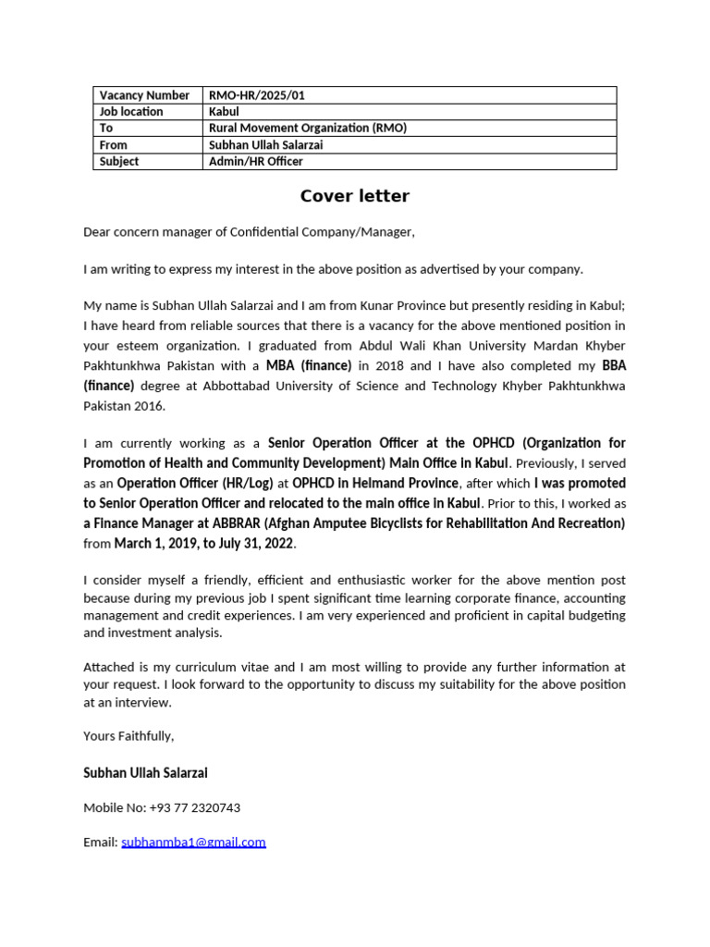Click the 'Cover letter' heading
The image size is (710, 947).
coord(354,196)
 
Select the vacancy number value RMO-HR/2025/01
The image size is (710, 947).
coord(256,95)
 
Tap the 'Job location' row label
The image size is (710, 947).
coord(131,112)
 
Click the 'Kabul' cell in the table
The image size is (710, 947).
coord(225,112)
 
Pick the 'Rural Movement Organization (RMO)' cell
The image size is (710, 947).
coord(308,129)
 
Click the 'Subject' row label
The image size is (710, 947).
coord(119,162)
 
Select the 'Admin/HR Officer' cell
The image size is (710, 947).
coord(256,162)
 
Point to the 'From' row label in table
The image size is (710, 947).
coord(114,145)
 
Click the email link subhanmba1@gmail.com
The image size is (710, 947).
coord(193,842)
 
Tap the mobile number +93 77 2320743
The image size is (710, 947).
coord(194,807)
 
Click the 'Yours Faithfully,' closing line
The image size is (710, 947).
coord(129,736)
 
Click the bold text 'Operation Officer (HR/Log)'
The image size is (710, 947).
coord(195,483)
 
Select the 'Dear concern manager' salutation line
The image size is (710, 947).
coord(249,232)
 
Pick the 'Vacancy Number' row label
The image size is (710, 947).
coord(144,95)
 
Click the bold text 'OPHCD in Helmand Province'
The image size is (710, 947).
coord(375,483)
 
